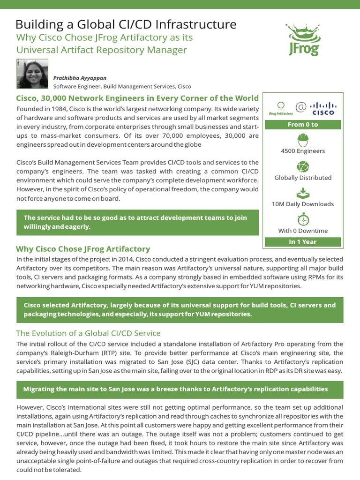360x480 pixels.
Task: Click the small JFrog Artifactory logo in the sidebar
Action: click(281, 108)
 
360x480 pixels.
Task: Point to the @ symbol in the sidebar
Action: click(301, 107)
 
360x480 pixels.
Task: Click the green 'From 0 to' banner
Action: click(302, 125)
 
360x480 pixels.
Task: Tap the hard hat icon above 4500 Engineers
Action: click(302, 140)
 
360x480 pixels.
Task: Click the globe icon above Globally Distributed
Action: click(302, 166)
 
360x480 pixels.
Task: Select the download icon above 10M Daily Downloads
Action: click(302, 193)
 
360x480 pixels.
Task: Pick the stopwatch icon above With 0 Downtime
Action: click(302, 219)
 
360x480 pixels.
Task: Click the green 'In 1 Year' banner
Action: click(302, 242)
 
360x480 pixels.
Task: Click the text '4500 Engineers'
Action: click(302, 151)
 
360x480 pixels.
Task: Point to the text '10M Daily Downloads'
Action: click(302, 204)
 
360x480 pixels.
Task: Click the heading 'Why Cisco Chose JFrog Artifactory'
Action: click(83, 249)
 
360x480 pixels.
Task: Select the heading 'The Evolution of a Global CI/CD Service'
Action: click(88, 333)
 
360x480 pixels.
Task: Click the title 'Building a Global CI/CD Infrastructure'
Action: click(126, 24)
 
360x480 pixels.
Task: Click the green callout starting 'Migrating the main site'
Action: click(180, 390)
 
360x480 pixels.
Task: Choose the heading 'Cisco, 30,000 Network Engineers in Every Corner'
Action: click(137, 98)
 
